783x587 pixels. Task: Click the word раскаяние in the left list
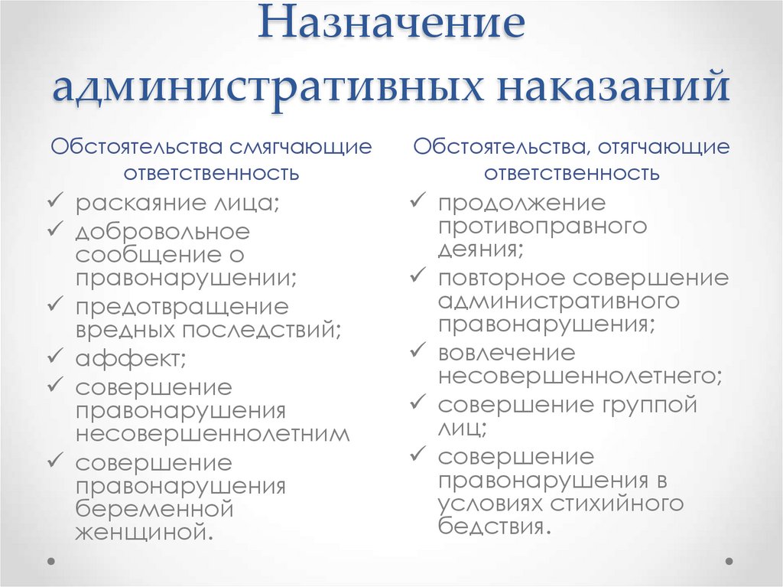pyautogui.click(x=137, y=204)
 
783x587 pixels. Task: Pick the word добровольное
pyautogui.click(x=162, y=230)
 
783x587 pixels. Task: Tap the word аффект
pyautogui.click(x=127, y=357)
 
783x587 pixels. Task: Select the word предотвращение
pyautogui.click(x=182, y=307)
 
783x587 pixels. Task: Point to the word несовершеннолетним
pyautogui.click(x=213, y=434)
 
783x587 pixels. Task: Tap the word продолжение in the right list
pyautogui.click(x=521, y=204)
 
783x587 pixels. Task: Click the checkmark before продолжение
pyautogui.click(x=417, y=202)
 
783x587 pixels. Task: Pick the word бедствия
pyautogui.click(x=492, y=527)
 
